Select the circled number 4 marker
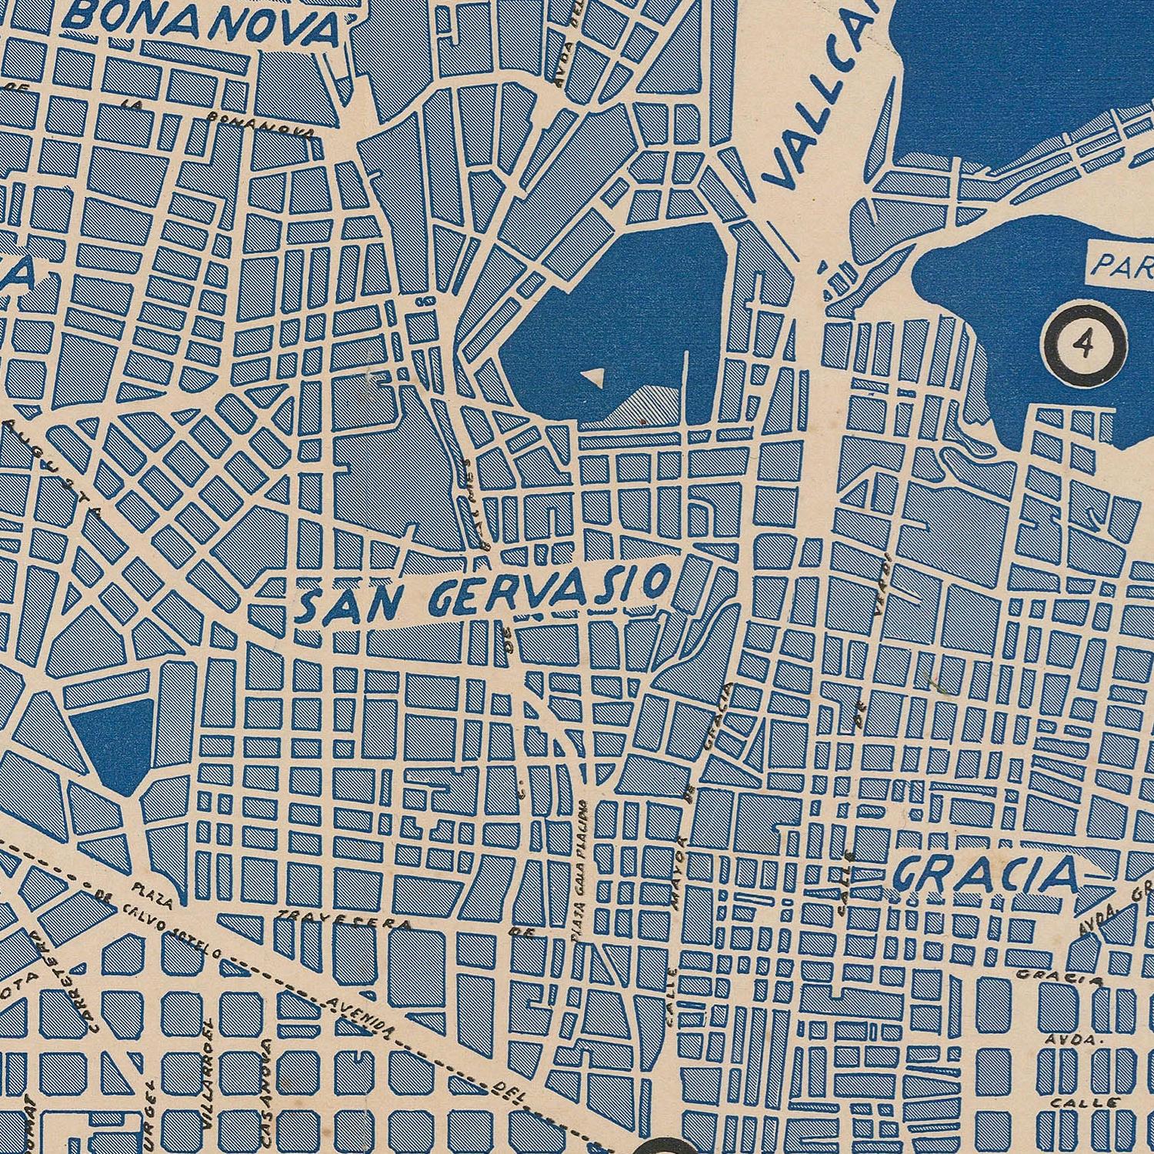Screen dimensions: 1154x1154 [x=1084, y=345]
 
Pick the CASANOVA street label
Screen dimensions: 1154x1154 [x=267, y=1085]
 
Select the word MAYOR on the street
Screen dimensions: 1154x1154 [x=682, y=877]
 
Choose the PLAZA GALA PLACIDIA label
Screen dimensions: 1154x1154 [x=582, y=869]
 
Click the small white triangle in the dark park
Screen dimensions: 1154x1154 [x=593, y=377]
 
